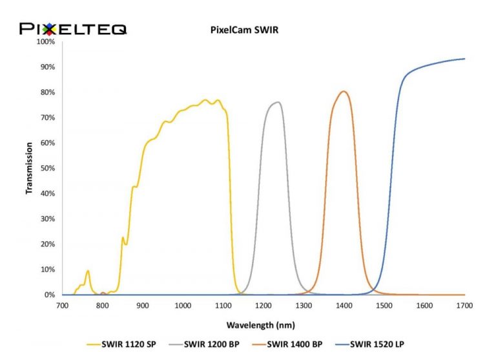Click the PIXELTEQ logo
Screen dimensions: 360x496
click(73, 28)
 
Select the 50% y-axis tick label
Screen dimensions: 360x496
click(48, 168)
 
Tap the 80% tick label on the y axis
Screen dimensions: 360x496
click(48, 92)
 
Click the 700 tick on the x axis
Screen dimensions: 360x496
click(62, 304)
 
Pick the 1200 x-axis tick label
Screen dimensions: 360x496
click(263, 304)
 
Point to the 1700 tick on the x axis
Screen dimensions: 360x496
click(464, 304)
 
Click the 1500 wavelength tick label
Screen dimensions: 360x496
click(384, 304)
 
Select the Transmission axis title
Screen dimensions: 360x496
click(29, 168)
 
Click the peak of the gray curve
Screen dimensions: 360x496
click(278, 102)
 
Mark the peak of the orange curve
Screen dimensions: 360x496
click(344, 91)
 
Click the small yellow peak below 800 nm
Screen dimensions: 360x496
click(88, 271)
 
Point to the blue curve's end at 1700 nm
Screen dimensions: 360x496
click(464, 59)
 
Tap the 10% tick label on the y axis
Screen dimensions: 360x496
click(48, 269)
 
